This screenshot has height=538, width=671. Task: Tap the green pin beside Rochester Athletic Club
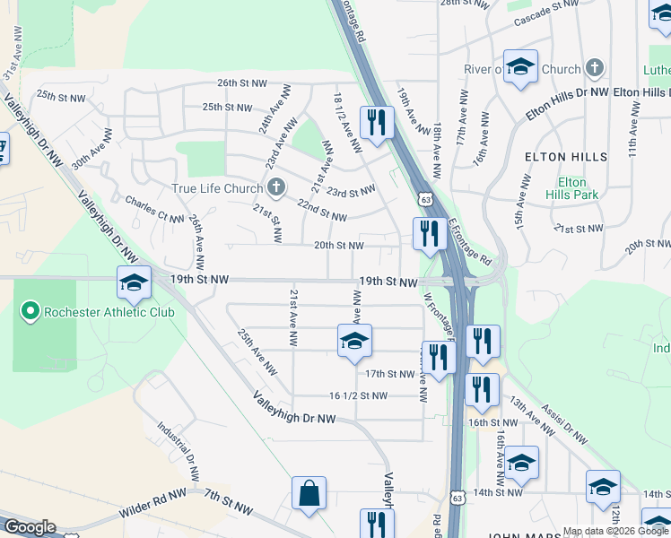(x=30, y=312)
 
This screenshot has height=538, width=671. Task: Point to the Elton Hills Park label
(x=572, y=187)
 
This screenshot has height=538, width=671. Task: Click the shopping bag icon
(x=309, y=493)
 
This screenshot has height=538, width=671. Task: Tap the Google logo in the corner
(x=29, y=527)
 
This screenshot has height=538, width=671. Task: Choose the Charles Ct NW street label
(x=155, y=209)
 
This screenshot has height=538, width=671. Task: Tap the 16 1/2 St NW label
(x=358, y=395)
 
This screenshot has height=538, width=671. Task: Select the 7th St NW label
(x=230, y=500)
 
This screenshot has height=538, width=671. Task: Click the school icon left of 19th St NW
(x=134, y=283)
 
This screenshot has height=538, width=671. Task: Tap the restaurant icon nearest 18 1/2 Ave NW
(x=376, y=122)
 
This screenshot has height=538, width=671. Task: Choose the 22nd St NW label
(x=321, y=212)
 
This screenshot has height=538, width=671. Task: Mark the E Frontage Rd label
(x=470, y=240)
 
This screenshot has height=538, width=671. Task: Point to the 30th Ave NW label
(x=92, y=148)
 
